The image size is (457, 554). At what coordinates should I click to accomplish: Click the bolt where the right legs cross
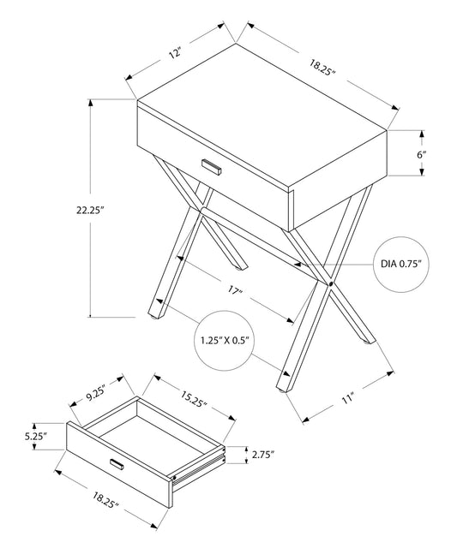tap(330, 281)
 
